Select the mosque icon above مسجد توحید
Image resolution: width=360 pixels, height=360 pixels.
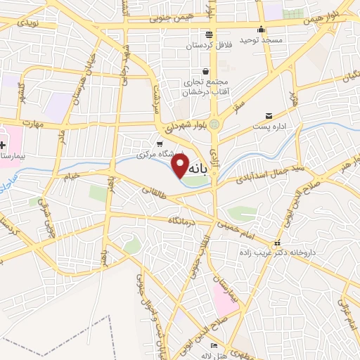(x=261, y=30)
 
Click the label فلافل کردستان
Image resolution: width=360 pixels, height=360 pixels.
(x=209, y=46)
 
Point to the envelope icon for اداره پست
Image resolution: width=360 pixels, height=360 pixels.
(x=269, y=116)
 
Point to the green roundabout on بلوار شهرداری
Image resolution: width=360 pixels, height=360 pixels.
(x=214, y=124)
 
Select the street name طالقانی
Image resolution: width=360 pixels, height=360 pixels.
(x=154, y=189)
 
